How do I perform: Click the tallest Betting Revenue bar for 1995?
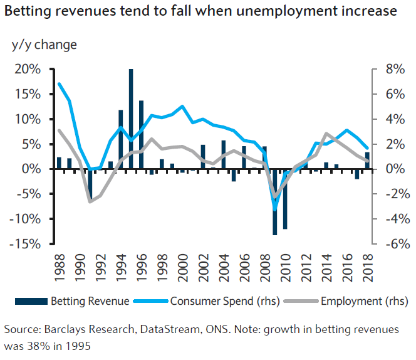click(131, 119)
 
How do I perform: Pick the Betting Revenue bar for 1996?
click(141, 135)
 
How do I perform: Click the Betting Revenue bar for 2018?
click(367, 161)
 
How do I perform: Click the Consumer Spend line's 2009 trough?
click(274, 209)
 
